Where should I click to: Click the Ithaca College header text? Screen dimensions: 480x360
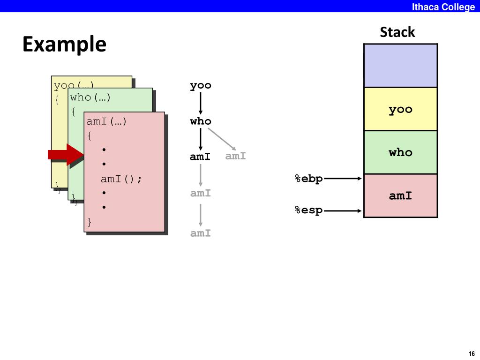tap(443, 7)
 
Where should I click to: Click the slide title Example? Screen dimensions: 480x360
tap(64, 45)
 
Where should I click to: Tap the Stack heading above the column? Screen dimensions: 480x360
tap(397, 32)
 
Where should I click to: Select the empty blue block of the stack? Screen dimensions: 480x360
tap(400, 66)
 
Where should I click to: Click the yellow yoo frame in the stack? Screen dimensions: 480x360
tap(400, 109)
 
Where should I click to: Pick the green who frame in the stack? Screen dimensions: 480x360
tap(400, 152)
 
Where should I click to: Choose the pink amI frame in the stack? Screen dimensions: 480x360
tap(400, 195)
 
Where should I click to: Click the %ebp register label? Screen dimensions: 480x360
tap(308, 179)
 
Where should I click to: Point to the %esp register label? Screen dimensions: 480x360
tap(308, 210)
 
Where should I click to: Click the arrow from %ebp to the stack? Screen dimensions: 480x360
tap(343, 178)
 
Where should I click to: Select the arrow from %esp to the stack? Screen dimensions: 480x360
tap(343, 210)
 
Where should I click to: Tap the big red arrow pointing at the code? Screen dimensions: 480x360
tap(66, 155)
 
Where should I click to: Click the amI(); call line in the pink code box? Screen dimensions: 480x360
tap(121, 179)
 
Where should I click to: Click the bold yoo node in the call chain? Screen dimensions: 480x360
tap(201, 85)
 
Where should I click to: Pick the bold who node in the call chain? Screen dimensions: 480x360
tap(201, 121)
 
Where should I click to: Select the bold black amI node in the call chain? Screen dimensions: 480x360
tap(200, 157)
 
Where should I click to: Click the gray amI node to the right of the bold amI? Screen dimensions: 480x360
tap(235, 156)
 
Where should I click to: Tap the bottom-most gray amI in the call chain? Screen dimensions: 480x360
tap(201, 233)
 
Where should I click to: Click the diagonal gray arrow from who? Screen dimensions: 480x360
tap(222, 139)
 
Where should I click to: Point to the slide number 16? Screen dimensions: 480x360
tap(472, 354)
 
